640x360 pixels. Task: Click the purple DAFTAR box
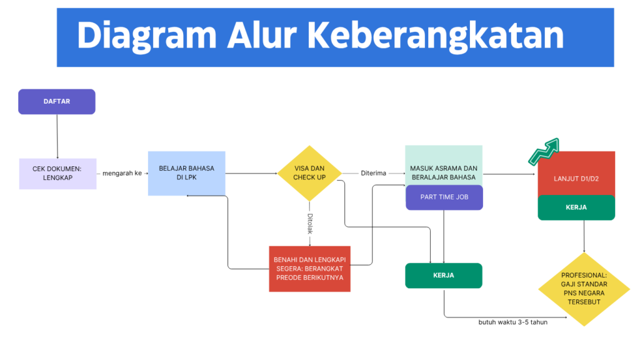click(x=57, y=101)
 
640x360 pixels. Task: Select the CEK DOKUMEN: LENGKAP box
click(x=57, y=173)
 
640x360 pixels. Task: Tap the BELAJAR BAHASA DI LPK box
click(x=186, y=173)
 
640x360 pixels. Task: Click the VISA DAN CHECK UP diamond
click(x=309, y=173)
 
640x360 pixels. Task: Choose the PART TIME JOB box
click(x=444, y=197)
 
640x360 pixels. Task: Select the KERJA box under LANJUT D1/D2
click(x=576, y=207)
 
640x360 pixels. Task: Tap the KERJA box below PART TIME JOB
click(x=444, y=275)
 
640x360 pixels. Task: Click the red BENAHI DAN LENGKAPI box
click(x=310, y=269)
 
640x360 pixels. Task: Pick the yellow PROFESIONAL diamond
click(x=584, y=289)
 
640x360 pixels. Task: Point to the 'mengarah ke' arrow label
click(x=122, y=173)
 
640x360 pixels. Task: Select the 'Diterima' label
click(x=374, y=173)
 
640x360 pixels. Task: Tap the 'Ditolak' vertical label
click(x=309, y=224)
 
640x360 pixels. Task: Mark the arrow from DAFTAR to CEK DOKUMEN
click(x=57, y=136)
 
